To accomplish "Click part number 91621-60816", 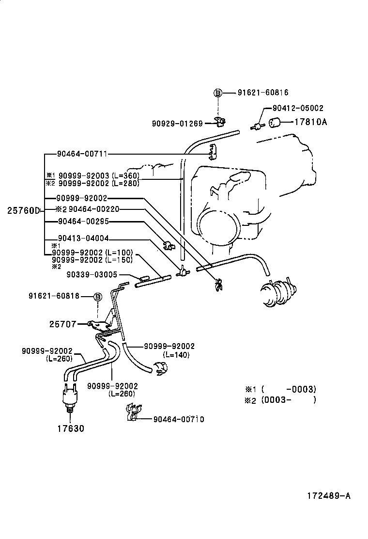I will click(x=263, y=93).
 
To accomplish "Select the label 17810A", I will click(x=310, y=122).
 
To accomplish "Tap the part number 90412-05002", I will click(x=298, y=109).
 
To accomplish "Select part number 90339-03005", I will click(x=92, y=274).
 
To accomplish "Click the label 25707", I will click(x=62, y=324).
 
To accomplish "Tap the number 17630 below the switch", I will click(x=70, y=428).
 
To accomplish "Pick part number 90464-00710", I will click(x=178, y=419).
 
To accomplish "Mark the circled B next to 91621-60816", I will click(x=218, y=93).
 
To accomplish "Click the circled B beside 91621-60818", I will click(x=97, y=297).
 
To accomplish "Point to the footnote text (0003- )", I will click(x=288, y=400).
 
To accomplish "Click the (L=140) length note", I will click(x=177, y=355).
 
